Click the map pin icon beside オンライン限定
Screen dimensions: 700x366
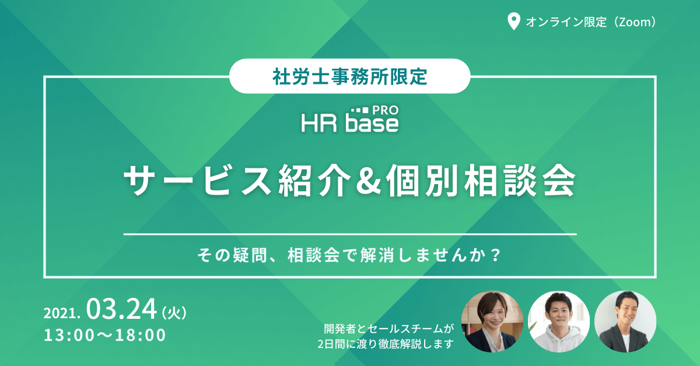click(513, 21)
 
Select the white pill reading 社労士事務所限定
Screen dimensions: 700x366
click(349, 76)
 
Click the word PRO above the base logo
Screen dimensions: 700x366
click(386, 110)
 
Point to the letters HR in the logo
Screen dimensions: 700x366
click(319, 123)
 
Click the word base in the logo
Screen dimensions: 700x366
click(372, 123)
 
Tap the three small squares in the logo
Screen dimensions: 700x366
click(360, 110)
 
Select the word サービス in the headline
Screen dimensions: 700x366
click(198, 181)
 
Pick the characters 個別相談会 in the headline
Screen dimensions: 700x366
click(481, 181)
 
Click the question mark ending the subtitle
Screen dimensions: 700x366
click(496, 255)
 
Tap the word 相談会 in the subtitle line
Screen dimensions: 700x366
click(313, 255)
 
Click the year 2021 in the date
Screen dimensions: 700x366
click(62, 313)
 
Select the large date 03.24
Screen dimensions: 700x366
click(121, 309)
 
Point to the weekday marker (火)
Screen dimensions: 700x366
click(174, 312)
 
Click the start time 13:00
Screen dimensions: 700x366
click(69, 335)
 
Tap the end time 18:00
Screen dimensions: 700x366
click(141, 335)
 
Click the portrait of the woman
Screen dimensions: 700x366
click(492, 322)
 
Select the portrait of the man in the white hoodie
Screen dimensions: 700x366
click(559, 322)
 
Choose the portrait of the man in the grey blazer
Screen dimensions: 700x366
click(625, 322)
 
